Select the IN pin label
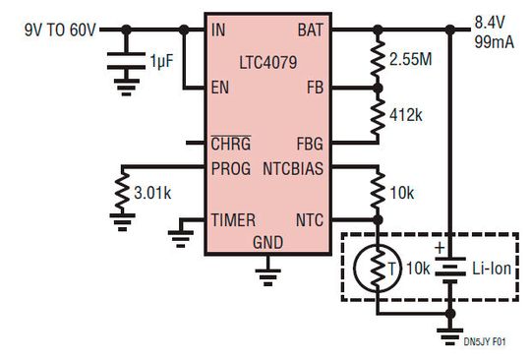pyautogui.click(x=218, y=30)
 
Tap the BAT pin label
pyautogui.click(x=310, y=30)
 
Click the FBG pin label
pyautogui.click(x=309, y=143)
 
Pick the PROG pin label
pyautogui.click(x=231, y=168)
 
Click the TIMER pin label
pyautogui.click(x=232, y=220)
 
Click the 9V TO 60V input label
pyautogui.click(x=61, y=30)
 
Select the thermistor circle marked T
pyautogui.click(x=378, y=269)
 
